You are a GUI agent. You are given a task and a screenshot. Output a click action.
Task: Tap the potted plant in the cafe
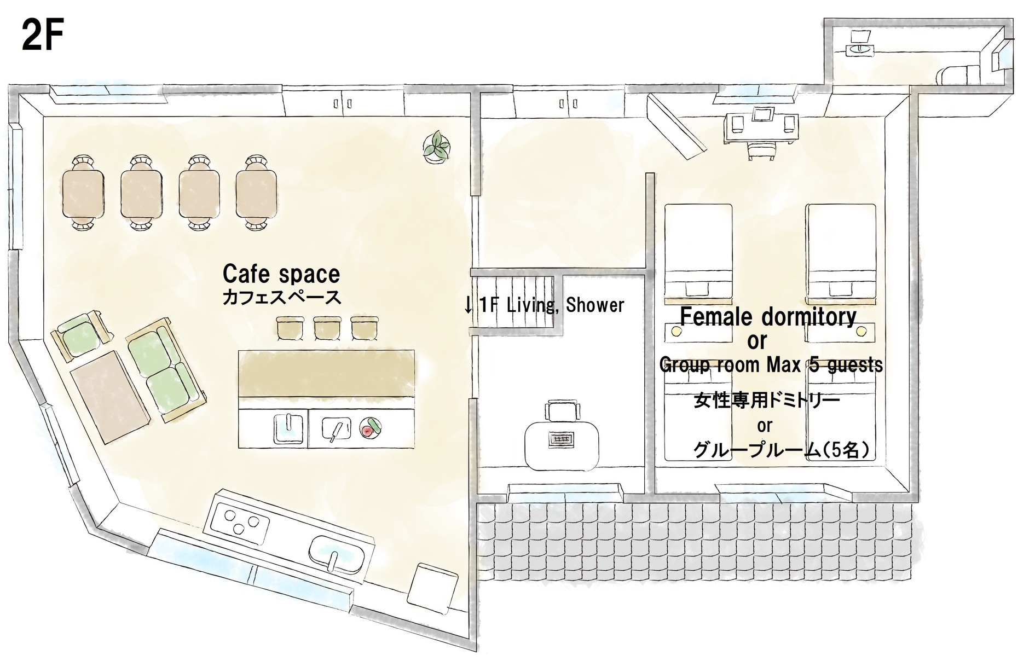pyautogui.click(x=437, y=146)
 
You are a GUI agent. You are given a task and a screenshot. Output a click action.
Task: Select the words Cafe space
pyautogui.click(x=281, y=274)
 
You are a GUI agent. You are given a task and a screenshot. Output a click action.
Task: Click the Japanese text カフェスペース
pyautogui.click(x=281, y=297)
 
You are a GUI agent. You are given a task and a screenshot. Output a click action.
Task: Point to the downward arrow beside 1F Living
pyautogui.click(x=468, y=305)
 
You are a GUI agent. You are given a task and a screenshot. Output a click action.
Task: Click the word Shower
pyautogui.click(x=595, y=305)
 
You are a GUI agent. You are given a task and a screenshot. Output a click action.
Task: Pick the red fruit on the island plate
pyautogui.click(x=367, y=431)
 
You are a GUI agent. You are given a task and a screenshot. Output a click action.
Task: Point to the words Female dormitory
pyautogui.click(x=768, y=317)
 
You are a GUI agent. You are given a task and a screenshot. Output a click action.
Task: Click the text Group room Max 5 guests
pyautogui.click(x=771, y=364)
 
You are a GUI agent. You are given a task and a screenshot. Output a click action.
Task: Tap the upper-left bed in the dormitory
pyautogui.click(x=698, y=253)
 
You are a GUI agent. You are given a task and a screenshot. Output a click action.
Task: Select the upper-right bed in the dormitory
pyautogui.click(x=841, y=253)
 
